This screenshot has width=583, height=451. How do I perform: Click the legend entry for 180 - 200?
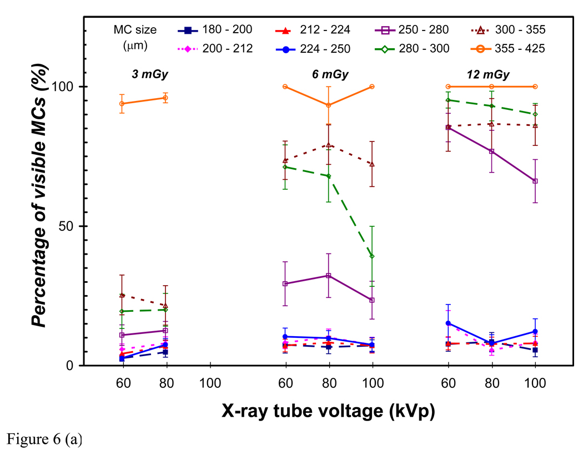click(217, 30)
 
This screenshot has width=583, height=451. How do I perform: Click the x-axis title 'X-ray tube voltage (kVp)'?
click(328, 411)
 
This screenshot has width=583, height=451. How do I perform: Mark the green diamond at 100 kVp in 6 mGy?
click(372, 256)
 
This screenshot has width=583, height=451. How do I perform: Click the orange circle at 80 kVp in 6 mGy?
click(329, 105)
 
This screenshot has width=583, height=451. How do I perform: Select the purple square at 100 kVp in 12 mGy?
click(535, 181)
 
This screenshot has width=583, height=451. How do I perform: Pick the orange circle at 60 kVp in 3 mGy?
click(122, 104)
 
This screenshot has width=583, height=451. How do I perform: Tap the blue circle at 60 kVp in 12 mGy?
click(448, 323)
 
